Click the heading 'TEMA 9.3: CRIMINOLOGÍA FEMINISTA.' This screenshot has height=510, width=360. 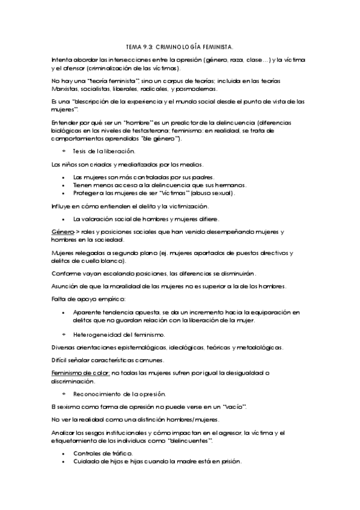pos(180,46)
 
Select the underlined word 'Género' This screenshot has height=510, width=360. pos(63,232)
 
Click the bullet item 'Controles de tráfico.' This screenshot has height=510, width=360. pos(103,453)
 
